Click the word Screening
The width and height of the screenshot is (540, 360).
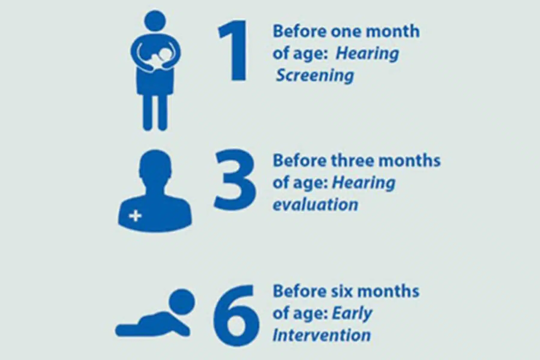tap(315, 75)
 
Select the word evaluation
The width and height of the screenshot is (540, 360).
tap(315, 205)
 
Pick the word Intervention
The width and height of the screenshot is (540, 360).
tap(322, 335)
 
